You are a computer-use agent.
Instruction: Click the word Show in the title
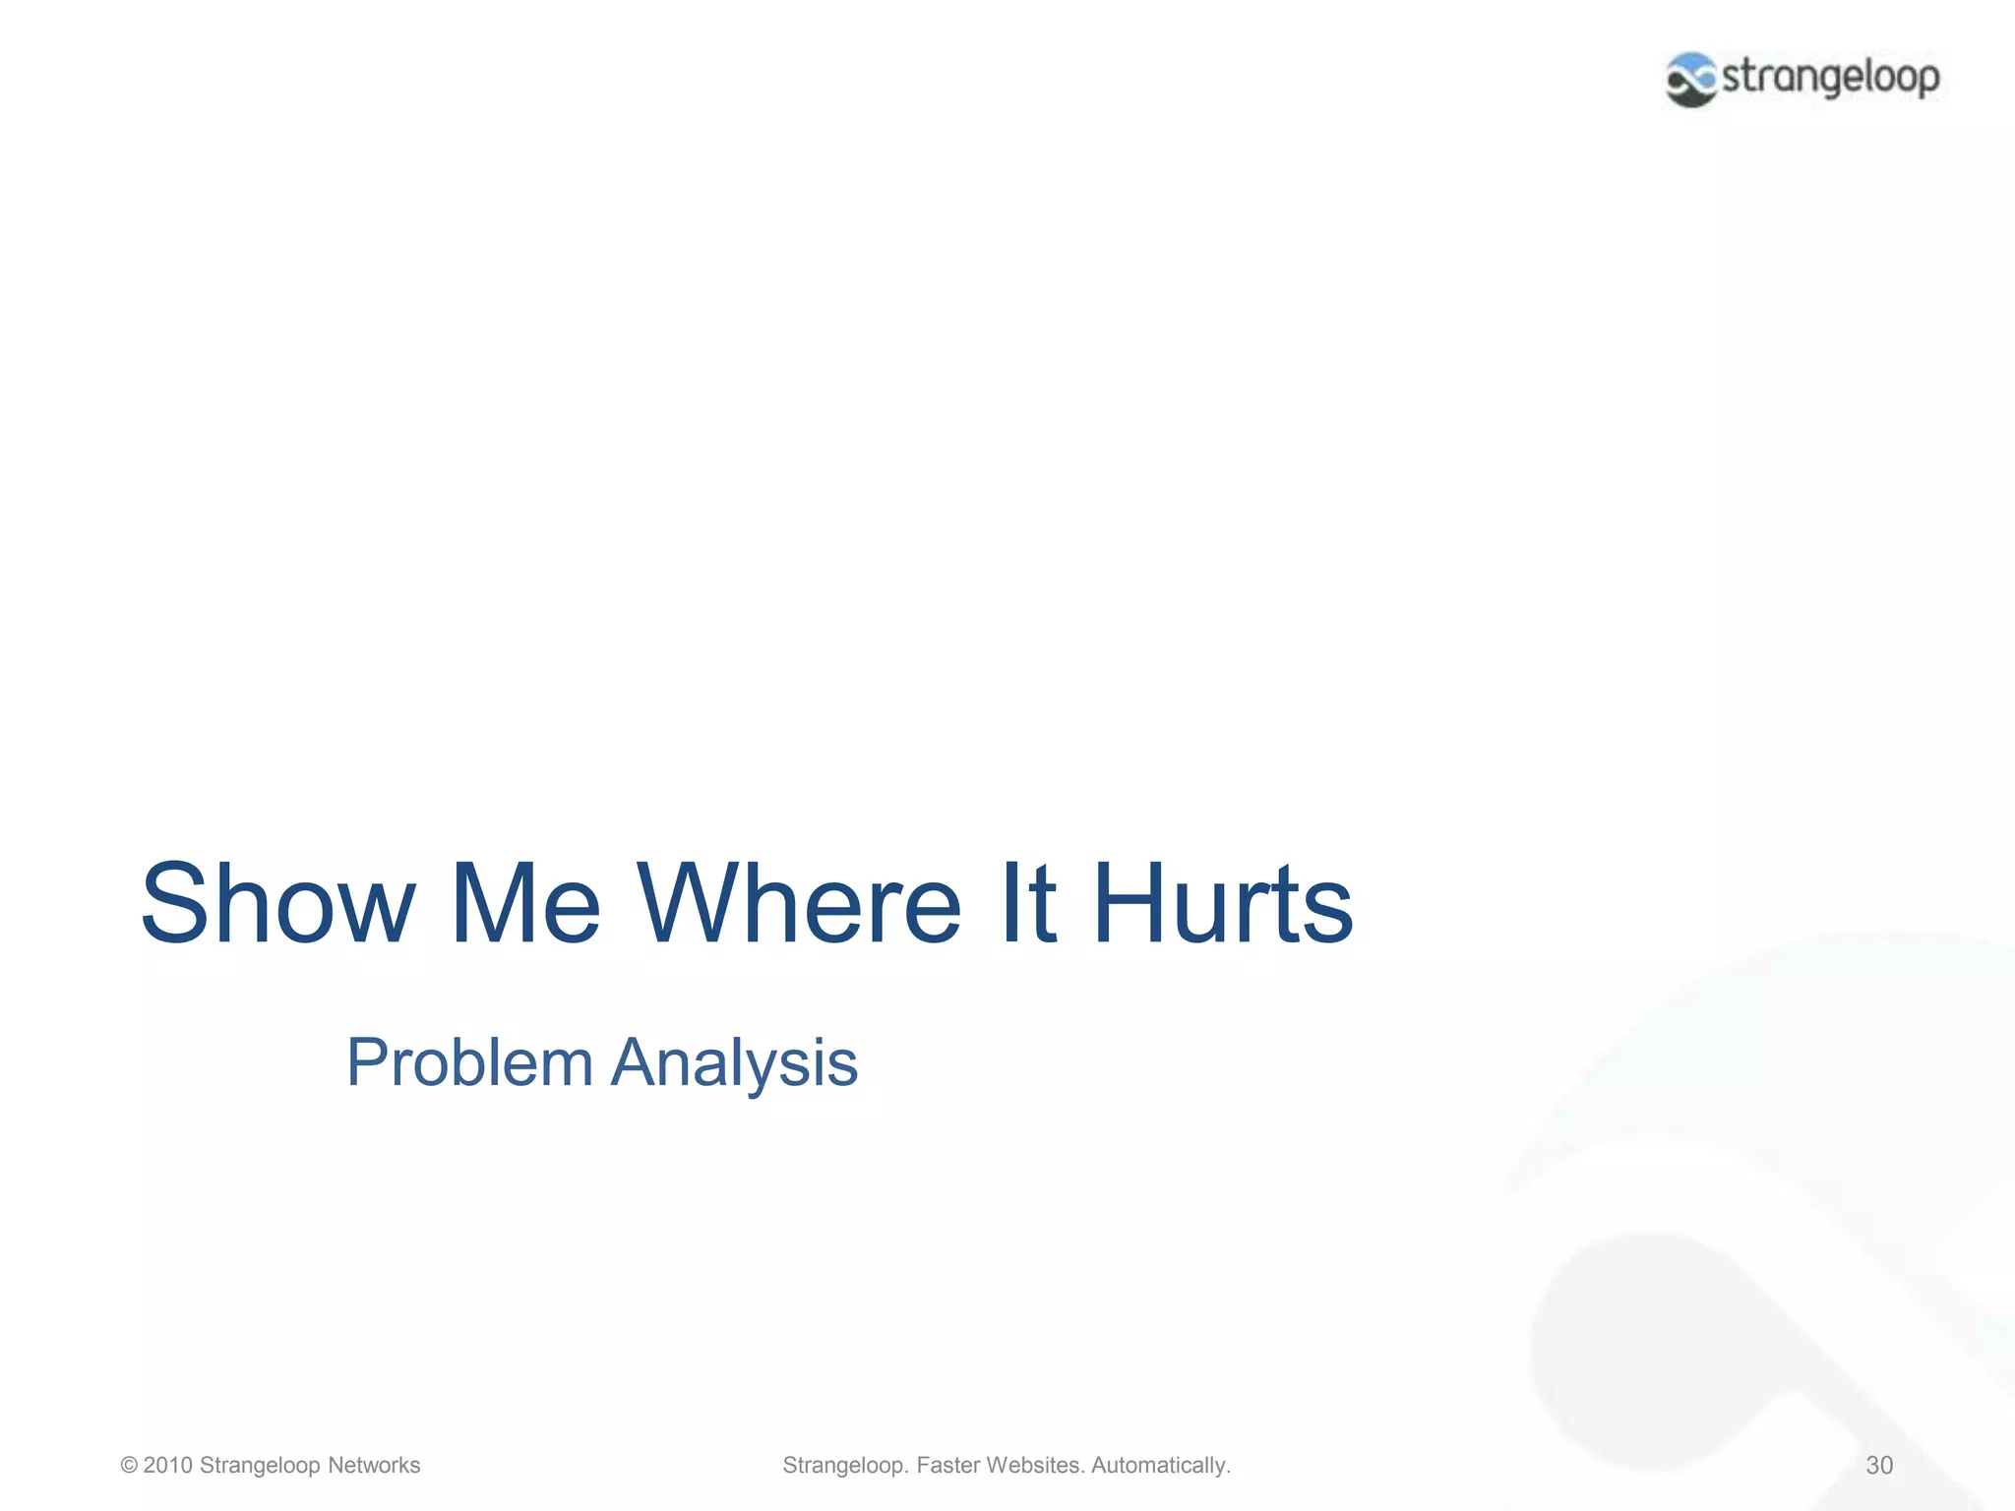(x=278, y=903)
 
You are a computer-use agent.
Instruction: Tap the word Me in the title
(x=523, y=903)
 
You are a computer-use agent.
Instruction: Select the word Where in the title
(x=799, y=903)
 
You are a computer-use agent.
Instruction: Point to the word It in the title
(x=1027, y=903)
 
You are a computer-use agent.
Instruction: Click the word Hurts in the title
(x=1222, y=903)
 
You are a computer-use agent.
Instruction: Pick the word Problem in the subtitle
(x=469, y=1062)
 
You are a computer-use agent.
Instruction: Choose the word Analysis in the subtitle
(x=734, y=1062)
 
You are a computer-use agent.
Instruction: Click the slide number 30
(x=1879, y=1466)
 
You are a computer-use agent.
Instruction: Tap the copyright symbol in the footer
(x=129, y=1466)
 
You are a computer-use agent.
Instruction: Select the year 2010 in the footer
(x=167, y=1466)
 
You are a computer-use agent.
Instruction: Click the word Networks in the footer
(x=374, y=1466)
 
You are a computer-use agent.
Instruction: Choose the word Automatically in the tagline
(x=1160, y=1466)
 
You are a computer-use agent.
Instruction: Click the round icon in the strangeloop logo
(x=1691, y=80)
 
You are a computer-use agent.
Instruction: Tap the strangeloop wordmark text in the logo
(x=1830, y=77)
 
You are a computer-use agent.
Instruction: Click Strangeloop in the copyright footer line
(x=260, y=1466)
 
